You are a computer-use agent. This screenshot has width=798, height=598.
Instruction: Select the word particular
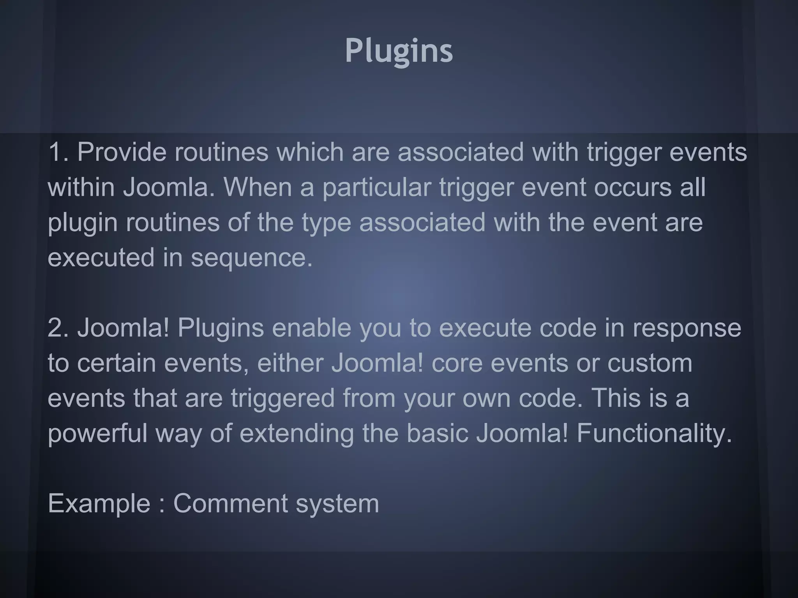(x=376, y=188)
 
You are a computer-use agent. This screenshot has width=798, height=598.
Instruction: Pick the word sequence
(x=251, y=258)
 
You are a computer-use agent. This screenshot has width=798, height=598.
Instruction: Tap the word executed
(x=101, y=258)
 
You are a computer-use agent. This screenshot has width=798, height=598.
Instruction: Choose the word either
(x=290, y=363)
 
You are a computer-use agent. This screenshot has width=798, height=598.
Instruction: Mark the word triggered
(x=282, y=399)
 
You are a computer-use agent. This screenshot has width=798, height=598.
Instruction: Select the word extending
(x=297, y=434)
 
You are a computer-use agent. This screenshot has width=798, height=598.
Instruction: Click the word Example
(x=99, y=504)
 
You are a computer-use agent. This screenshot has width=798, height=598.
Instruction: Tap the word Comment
(x=230, y=503)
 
